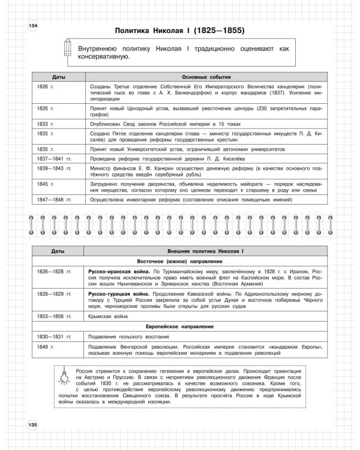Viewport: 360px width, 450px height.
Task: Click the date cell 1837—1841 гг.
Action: point(53,159)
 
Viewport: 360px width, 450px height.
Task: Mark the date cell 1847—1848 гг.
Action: point(53,198)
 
